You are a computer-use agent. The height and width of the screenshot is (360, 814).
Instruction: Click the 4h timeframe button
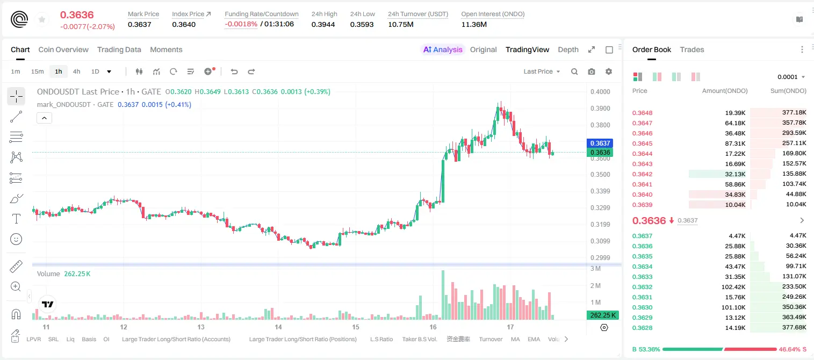[x=76, y=71]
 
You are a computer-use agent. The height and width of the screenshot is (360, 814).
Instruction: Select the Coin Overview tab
[x=63, y=49]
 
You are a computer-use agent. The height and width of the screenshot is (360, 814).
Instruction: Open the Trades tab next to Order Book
[x=691, y=49]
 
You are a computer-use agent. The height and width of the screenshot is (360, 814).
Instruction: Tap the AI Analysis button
[x=443, y=49]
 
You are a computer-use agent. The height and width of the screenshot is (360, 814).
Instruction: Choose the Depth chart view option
[x=568, y=49]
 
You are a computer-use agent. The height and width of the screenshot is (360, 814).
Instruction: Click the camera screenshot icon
[x=592, y=71]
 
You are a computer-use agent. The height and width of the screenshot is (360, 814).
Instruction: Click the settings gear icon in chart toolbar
[x=609, y=71]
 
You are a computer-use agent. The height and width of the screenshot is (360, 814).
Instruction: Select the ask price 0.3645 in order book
[x=642, y=143]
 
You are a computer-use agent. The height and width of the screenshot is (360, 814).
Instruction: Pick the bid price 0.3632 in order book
[x=642, y=287]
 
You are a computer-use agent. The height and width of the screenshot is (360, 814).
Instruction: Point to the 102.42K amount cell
[x=733, y=287]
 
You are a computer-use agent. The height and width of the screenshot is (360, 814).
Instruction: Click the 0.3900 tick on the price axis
[x=600, y=108]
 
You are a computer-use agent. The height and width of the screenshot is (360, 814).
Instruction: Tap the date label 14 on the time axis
[x=278, y=327]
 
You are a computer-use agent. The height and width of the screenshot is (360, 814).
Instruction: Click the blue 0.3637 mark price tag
[x=600, y=143]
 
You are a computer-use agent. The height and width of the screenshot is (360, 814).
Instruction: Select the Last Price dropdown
[x=542, y=71]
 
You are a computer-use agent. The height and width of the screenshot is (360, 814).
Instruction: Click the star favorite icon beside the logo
[x=42, y=19]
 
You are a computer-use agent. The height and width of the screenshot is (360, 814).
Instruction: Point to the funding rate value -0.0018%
[x=241, y=24]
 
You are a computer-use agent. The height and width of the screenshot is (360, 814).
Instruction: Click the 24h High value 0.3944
[x=323, y=24]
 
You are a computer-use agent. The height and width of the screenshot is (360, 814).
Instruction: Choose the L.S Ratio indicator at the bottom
[x=381, y=339]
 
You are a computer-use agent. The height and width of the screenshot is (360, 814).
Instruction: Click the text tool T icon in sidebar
[x=16, y=219]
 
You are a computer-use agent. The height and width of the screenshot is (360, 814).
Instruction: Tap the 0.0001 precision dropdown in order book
[x=791, y=77]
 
